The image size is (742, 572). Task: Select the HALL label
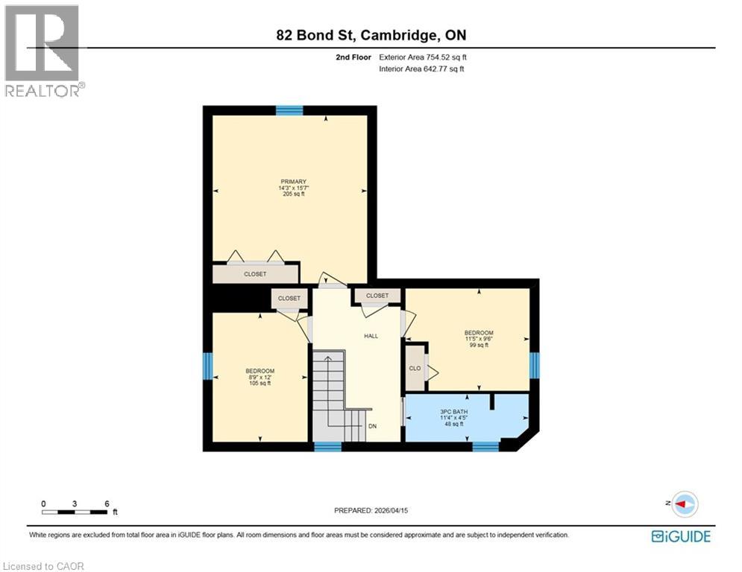[371, 336]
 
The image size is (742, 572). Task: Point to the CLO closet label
[415, 368]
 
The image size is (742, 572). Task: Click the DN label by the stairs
[372, 427]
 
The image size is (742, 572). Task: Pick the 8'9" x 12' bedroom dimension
[260, 378]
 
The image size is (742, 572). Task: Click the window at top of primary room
[289, 110]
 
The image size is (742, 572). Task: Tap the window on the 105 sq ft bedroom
[208, 366]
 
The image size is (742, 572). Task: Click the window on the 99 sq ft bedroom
[534, 365]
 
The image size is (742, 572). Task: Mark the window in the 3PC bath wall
[485, 446]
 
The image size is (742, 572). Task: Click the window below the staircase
[327, 446]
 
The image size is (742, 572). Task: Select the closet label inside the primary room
[255, 274]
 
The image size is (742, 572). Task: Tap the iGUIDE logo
[680, 536]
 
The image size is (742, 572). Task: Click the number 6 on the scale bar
[107, 504]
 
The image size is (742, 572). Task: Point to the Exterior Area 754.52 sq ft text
[423, 57]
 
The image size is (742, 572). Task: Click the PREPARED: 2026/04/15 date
[371, 510]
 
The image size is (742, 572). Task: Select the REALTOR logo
[43, 51]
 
